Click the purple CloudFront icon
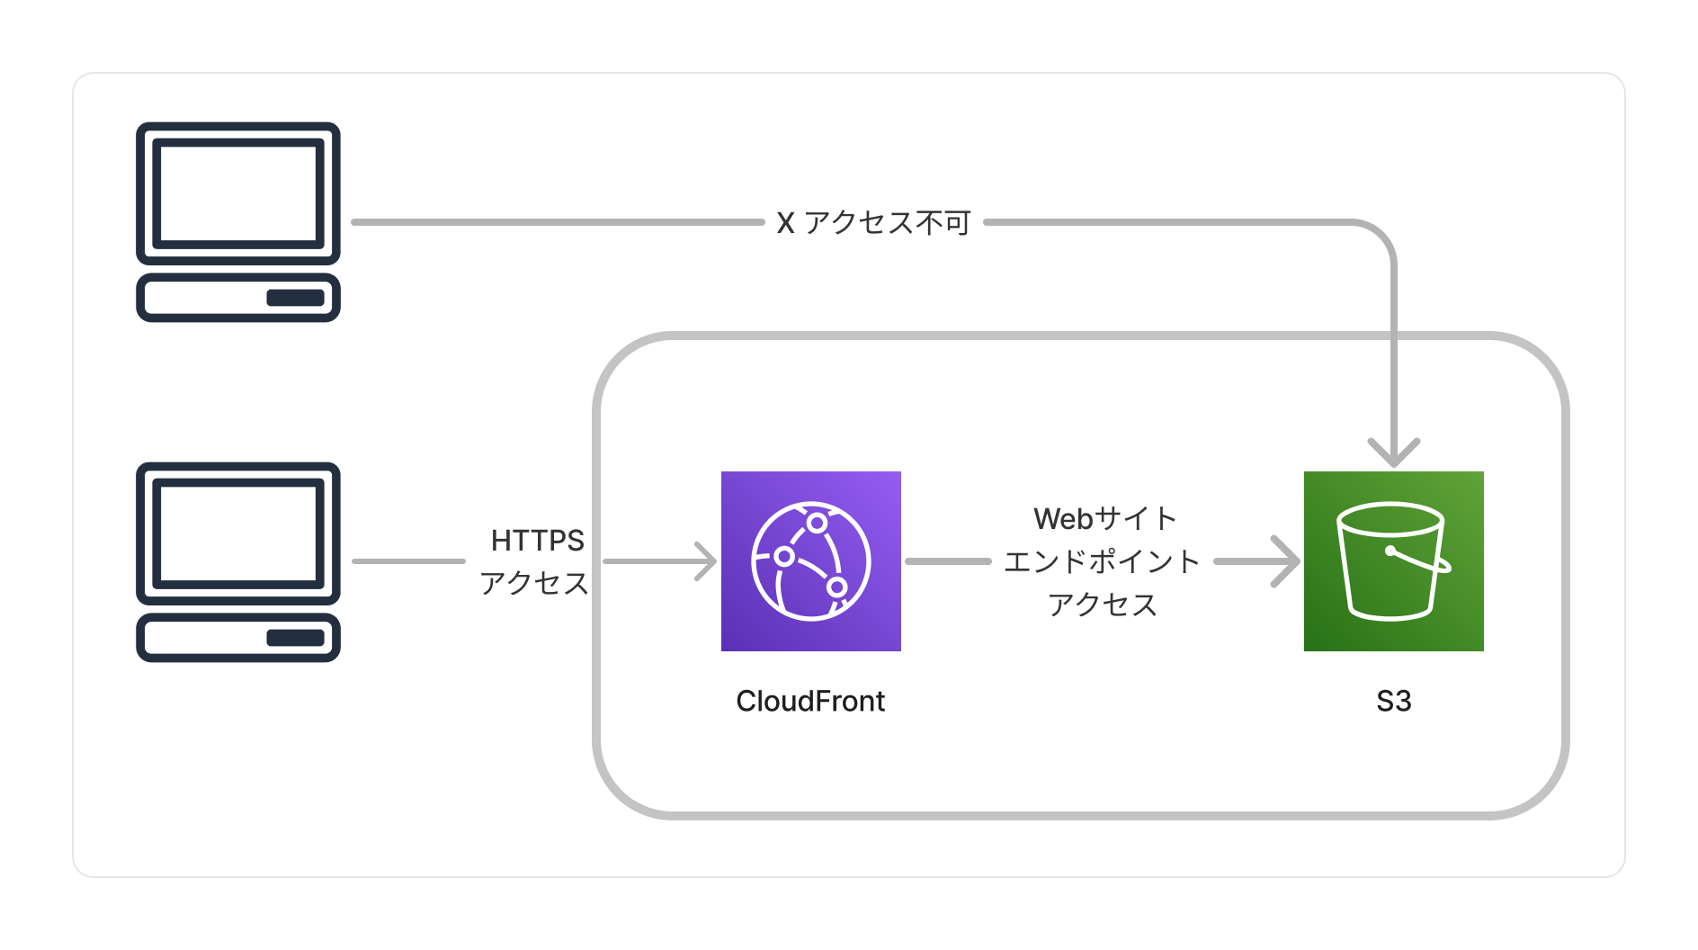coord(810,560)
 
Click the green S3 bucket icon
coord(1393,560)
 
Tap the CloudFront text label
coord(810,701)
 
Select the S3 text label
coord(1393,701)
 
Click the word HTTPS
coord(537,540)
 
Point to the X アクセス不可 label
coord(873,222)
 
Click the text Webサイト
coord(1104,518)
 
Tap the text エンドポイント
coord(1102,561)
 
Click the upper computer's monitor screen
coord(237,193)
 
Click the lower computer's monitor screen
coord(237,533)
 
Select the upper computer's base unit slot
coord(295,298)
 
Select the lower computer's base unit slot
coord(295,638)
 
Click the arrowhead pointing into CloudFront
coord(707,561)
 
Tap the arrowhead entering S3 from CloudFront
coord(1288,561)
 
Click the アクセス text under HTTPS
coord(533,583)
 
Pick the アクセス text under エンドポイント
coord(1102,605)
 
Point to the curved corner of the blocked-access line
coord(1381,235)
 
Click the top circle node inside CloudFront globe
coord(817,523)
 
